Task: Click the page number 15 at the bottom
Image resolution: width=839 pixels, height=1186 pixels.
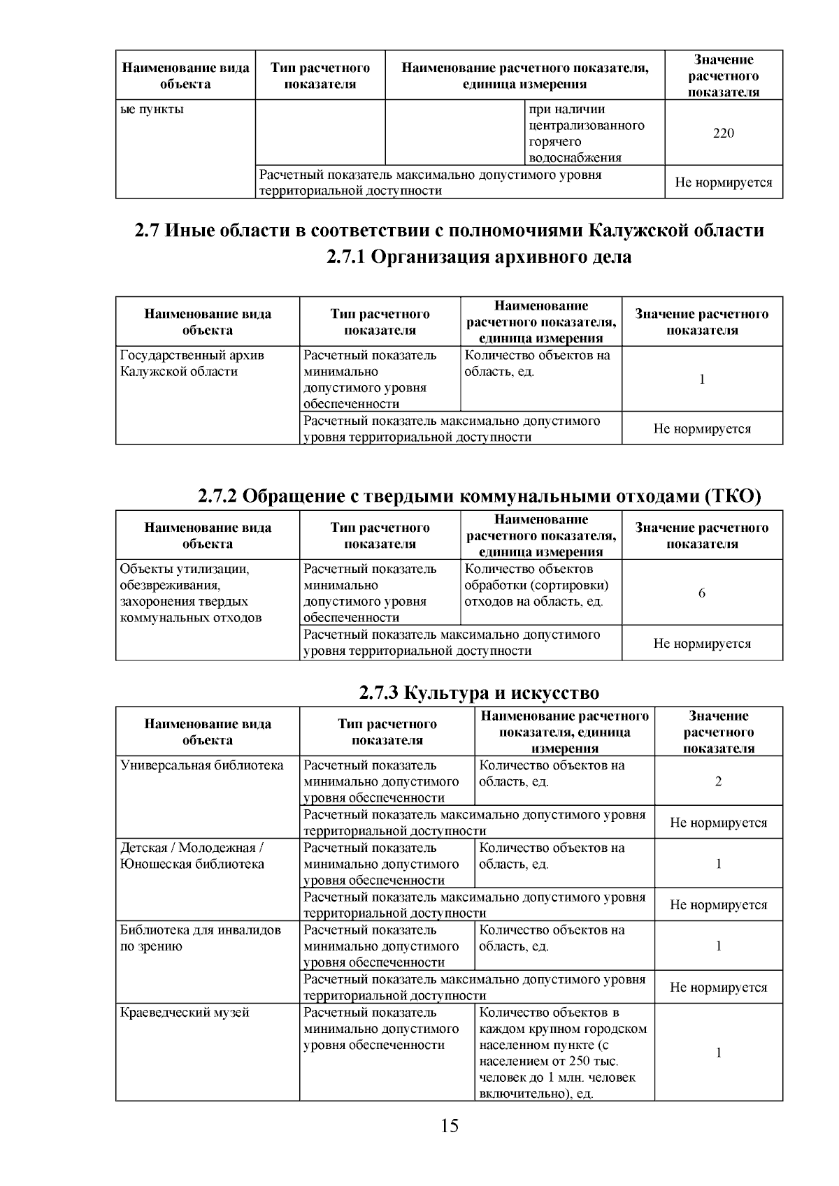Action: tap(450, 1126)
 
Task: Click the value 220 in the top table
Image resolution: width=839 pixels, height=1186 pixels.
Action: tap(723, 133)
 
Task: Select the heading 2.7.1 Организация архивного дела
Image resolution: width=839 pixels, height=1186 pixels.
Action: tap(478, 257)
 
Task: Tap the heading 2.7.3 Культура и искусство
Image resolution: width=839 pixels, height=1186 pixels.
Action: tap(478, 693)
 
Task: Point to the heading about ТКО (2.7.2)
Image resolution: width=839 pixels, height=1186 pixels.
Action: tap(478, 496)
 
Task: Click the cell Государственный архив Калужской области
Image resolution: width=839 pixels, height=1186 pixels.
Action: tap(192, 363)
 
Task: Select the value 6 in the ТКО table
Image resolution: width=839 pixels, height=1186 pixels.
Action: tap(702, 593)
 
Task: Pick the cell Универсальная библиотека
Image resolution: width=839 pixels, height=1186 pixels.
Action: tap(201, 765)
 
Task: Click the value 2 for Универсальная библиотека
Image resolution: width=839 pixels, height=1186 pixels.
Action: tap(718, 781)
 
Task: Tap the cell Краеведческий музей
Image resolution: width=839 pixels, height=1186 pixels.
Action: tap(185, 1013)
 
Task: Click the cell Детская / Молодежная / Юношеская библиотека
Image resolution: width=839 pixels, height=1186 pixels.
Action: tap(192, 855)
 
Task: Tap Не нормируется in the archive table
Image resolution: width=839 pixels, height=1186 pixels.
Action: tap(702, 429)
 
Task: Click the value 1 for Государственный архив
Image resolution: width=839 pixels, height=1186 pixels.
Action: tap(702, 379)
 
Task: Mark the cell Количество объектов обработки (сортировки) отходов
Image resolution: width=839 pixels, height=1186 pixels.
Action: tap(536, 585)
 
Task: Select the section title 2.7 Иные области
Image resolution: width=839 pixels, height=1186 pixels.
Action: tap(449, 231)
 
